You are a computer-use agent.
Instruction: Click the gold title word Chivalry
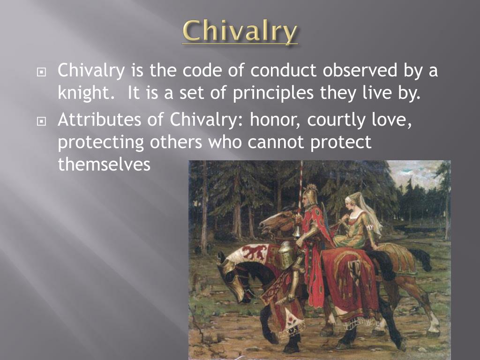point(240,31)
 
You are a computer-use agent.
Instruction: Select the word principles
point(272,92)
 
